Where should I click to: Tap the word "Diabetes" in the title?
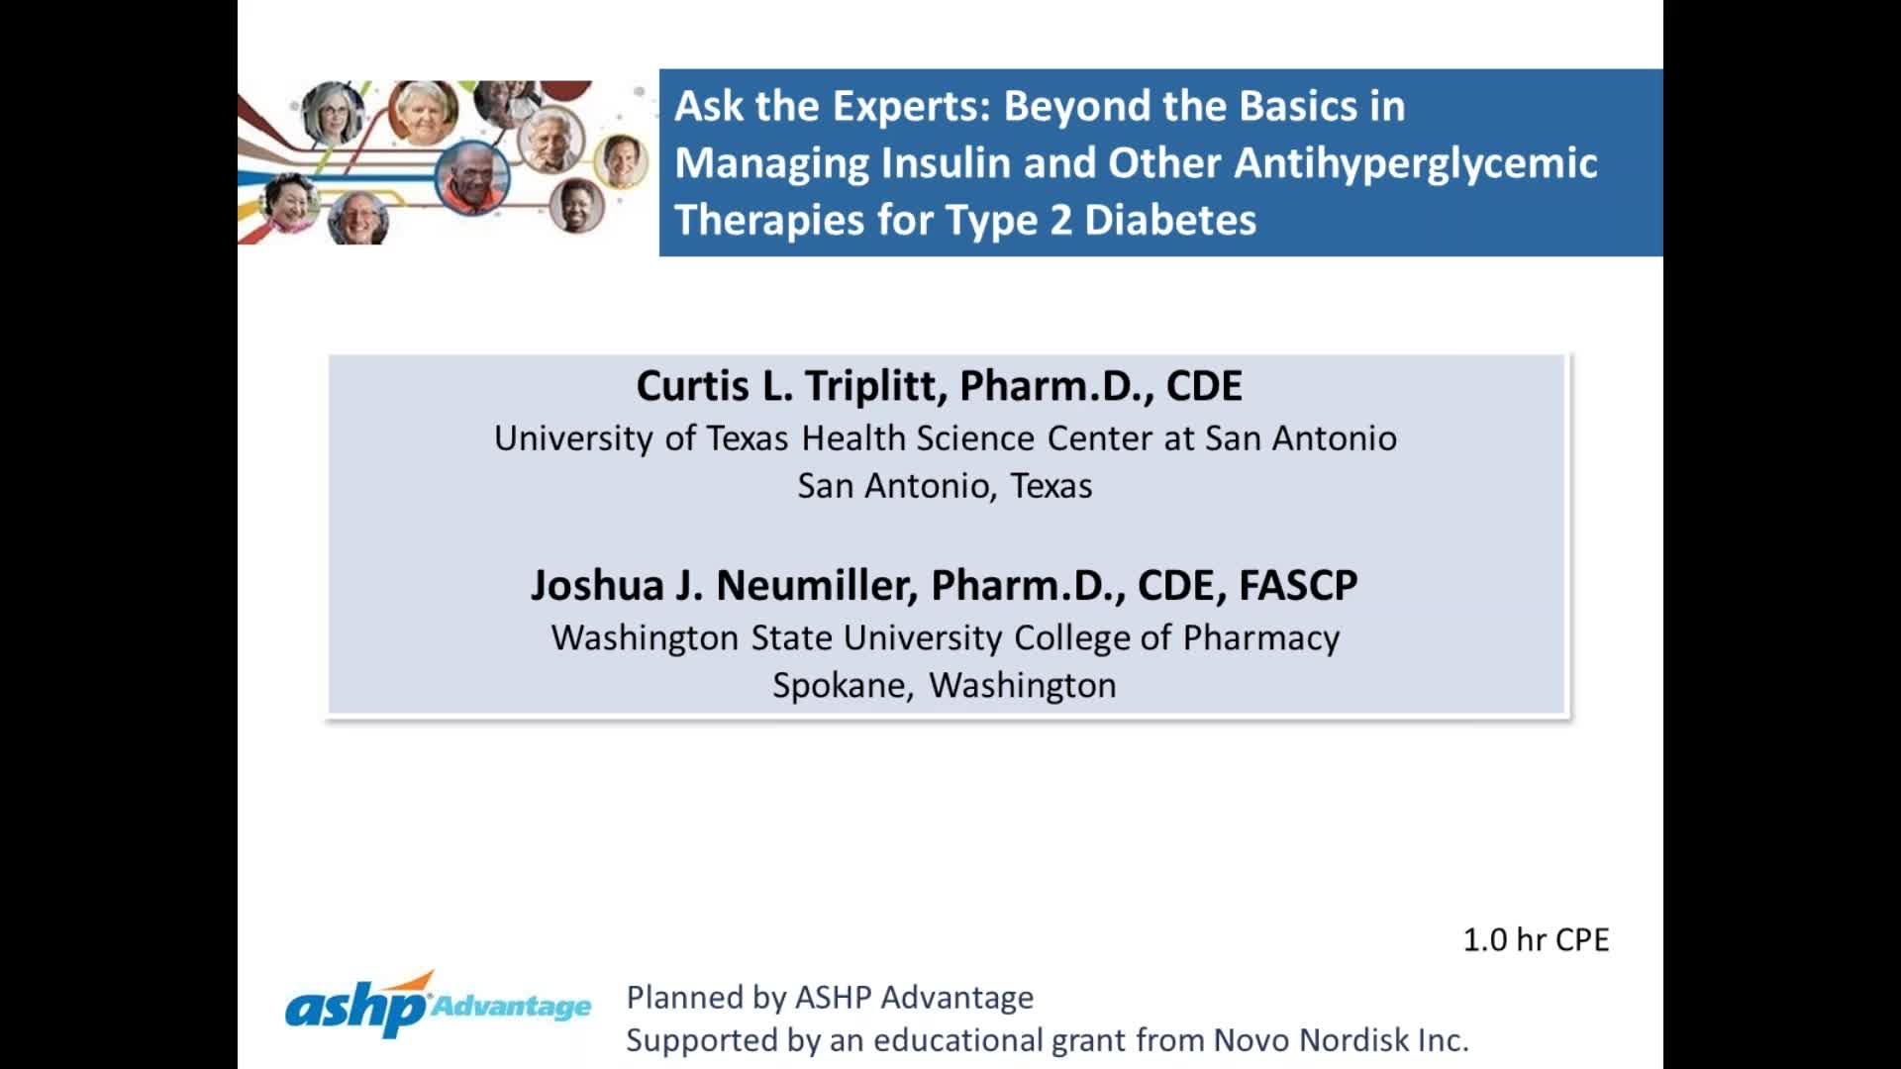1170,220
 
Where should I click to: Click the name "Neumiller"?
816,586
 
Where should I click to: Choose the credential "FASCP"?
1297,586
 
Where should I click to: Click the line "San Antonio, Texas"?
945,486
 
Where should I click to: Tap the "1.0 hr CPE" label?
1536,939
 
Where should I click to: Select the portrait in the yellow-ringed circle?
622,160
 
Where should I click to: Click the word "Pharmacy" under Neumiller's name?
1260,638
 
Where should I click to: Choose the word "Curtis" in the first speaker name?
692,386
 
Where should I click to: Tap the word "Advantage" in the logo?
512,1008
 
